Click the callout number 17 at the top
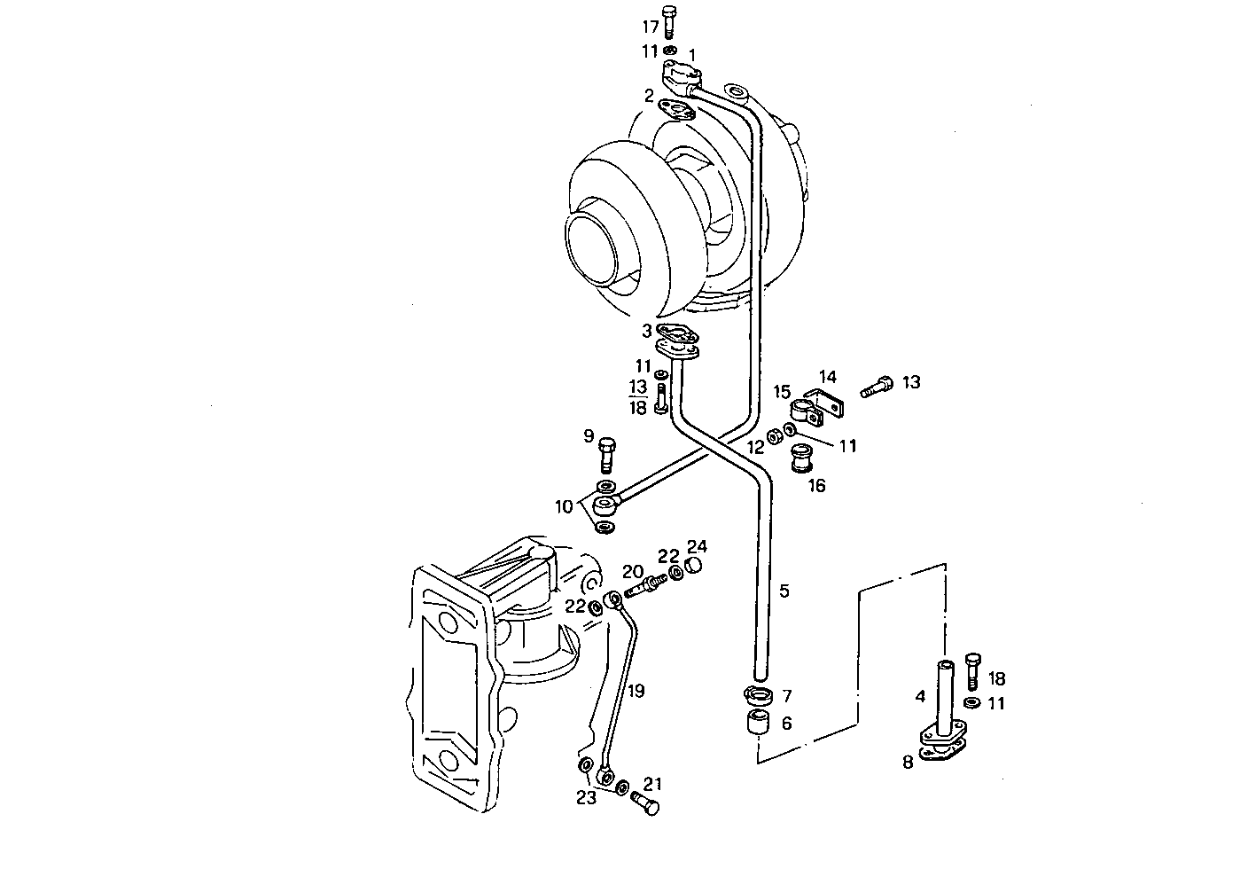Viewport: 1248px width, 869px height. [650, 27]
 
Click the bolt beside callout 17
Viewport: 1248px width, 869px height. [670, 22]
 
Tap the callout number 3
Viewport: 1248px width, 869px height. [647, 331]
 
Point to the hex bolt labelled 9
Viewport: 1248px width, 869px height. [607, 453]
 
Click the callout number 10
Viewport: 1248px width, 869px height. [565, 507]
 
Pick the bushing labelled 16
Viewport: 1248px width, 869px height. [801, 459]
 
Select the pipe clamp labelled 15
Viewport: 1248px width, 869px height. [801, 410]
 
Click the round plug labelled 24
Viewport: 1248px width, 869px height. [696, 565]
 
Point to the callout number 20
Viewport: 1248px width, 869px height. [631, 571]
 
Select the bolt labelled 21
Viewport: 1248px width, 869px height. [644, 804]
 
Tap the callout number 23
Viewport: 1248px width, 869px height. [587, 797]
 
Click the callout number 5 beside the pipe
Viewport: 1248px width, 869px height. [784, 590]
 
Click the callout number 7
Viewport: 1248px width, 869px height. [786, 695]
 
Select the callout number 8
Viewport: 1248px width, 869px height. [908, 761]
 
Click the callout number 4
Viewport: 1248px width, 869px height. [920, 697]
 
